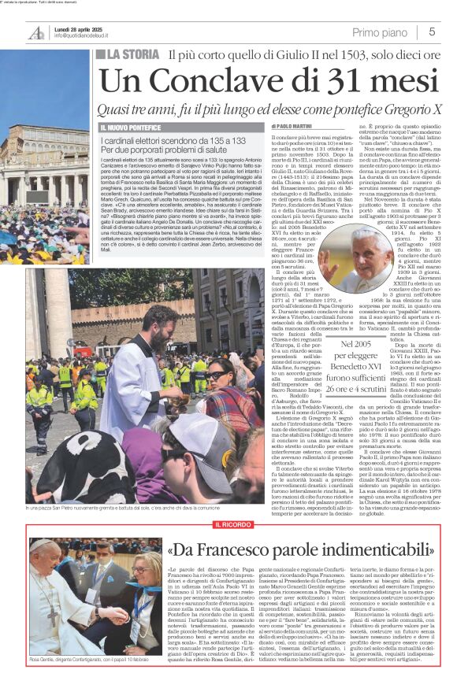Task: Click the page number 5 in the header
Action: pos(433,31)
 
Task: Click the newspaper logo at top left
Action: pos(36,31)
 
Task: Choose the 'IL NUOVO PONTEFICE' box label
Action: pos(130,127)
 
